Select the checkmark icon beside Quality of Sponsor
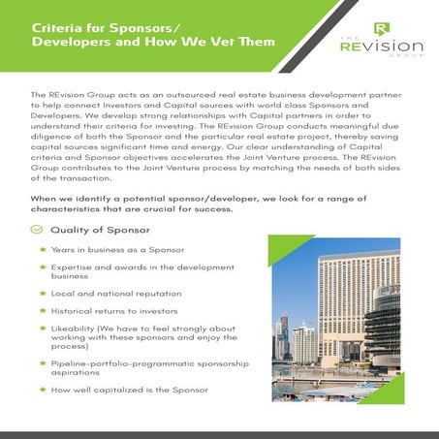tap(36, 230)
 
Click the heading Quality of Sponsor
tap(100, 230)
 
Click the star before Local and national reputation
tap(43, 295)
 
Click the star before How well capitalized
tap(43, 390)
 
